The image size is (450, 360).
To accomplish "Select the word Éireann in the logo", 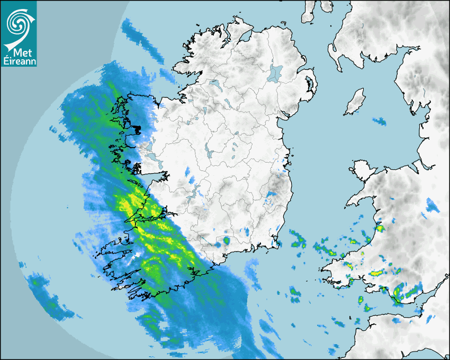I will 19,61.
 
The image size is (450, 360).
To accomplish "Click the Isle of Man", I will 355,102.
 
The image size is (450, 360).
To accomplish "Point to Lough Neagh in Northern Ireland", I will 276,72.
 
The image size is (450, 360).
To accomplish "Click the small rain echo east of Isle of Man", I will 380,121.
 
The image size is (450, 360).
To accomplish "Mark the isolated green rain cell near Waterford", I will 227,241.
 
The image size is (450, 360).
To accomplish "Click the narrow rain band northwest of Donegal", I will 143,40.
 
